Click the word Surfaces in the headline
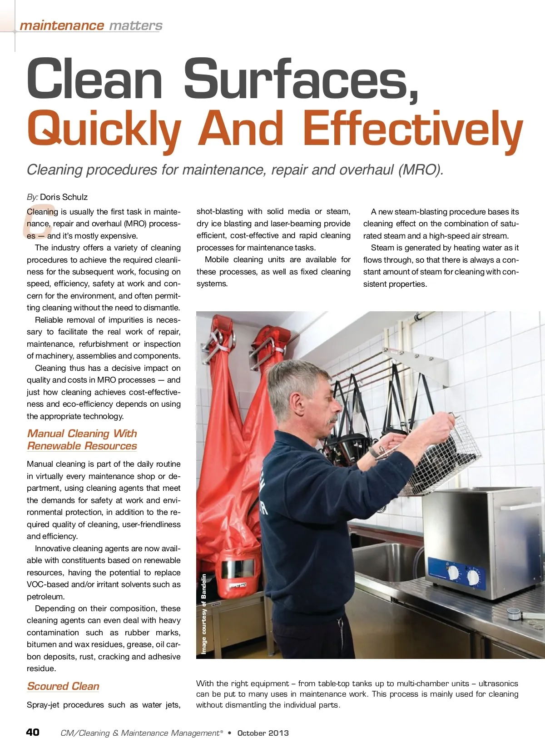pyautogui.click(x=300, y=79)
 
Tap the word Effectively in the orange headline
pyautogui.click(x=412, y=130)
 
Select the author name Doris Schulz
pyautogui.click(x=64, y=197)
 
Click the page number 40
pyautogui.click(x=33, y=732)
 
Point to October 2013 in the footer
pyautogui.click(x=263, y=733)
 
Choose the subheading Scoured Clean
pyautogui.click(x=63, y=686)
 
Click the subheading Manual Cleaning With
pyautogui.click(x=82, y=434)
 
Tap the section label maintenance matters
pyautogui.click(x=91, y=25)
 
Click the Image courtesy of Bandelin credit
pyautogui.click(x=204, y=613)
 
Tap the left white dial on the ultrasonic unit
pyautogui.click(x=453, y=573)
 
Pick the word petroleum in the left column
pyautogui.click(x=45, y=597)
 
